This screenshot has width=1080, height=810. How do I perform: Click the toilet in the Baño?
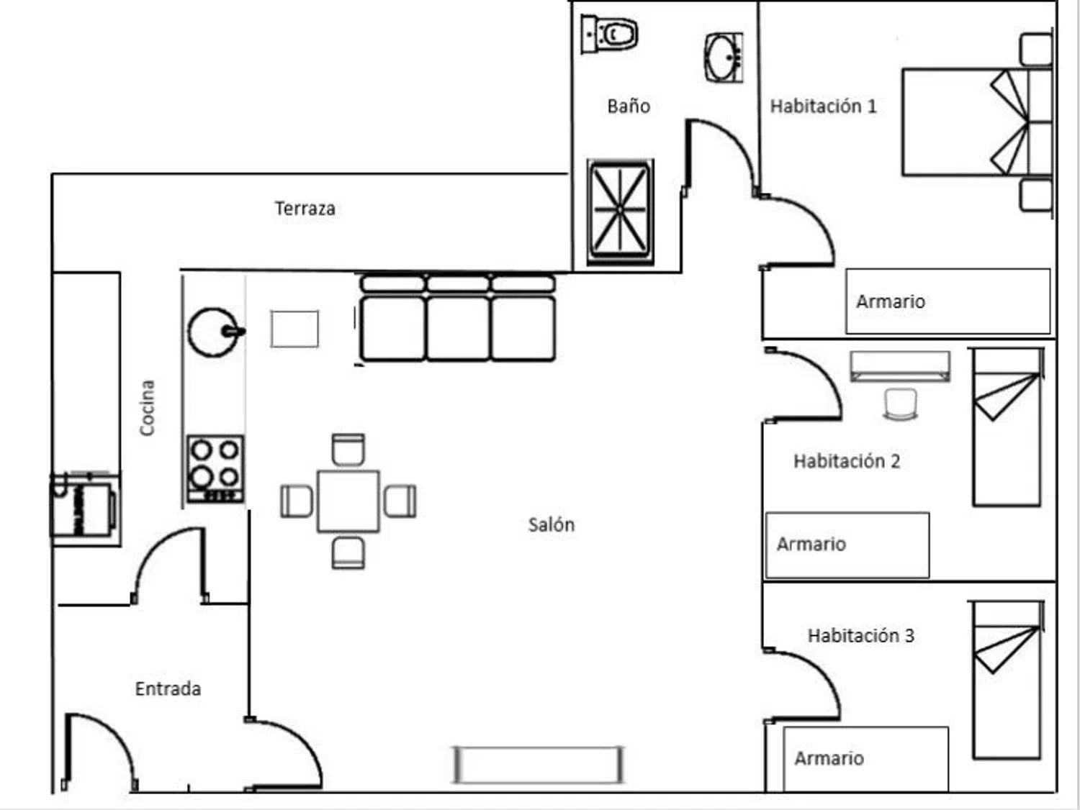(611, 34)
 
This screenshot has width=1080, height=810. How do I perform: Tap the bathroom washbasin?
(723, 57)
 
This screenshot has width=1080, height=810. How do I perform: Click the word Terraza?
(305, 209)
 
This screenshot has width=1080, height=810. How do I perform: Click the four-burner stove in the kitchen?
(215, 468)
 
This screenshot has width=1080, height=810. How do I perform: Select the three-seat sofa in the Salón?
(457, 318)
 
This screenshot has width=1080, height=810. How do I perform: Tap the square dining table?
(348, 501)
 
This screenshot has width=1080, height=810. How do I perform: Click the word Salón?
(551, 524)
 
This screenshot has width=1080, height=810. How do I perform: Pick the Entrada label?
(168, 688)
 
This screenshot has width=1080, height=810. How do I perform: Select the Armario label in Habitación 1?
(890, 301)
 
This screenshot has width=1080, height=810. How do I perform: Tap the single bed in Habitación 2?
(1007, 427)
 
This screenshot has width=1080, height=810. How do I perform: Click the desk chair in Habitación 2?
(900, 404)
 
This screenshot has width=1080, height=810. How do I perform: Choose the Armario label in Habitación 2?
(811, 544)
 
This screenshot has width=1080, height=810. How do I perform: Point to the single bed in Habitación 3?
(1007, 680)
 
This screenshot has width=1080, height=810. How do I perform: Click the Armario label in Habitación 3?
(829, 758)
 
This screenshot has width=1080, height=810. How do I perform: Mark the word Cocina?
(147, 408)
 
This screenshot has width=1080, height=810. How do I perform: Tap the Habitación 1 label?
(823, 106)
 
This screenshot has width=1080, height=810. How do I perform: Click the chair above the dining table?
(348, 450)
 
